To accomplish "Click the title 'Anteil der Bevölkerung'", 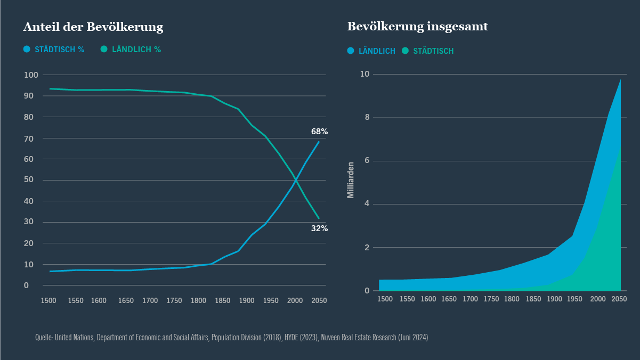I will coord(93,27).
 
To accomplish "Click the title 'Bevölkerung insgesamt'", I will coord(417,27).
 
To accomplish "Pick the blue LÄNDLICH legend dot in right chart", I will coord(351,51).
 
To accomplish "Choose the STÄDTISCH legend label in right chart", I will coord(433,51).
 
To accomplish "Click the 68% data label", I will coord(319,132).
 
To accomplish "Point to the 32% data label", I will coord(319,228).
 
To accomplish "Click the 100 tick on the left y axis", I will coord(31,75).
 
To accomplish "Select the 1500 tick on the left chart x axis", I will coord(48,301).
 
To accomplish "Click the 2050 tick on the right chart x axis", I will coord(619,299).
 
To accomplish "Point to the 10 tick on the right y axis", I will coord(365,74).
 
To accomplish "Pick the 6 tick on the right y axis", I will coord(367,161).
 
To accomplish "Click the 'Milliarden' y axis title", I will coord(351,180).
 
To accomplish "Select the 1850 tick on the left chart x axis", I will coord(222,301).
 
